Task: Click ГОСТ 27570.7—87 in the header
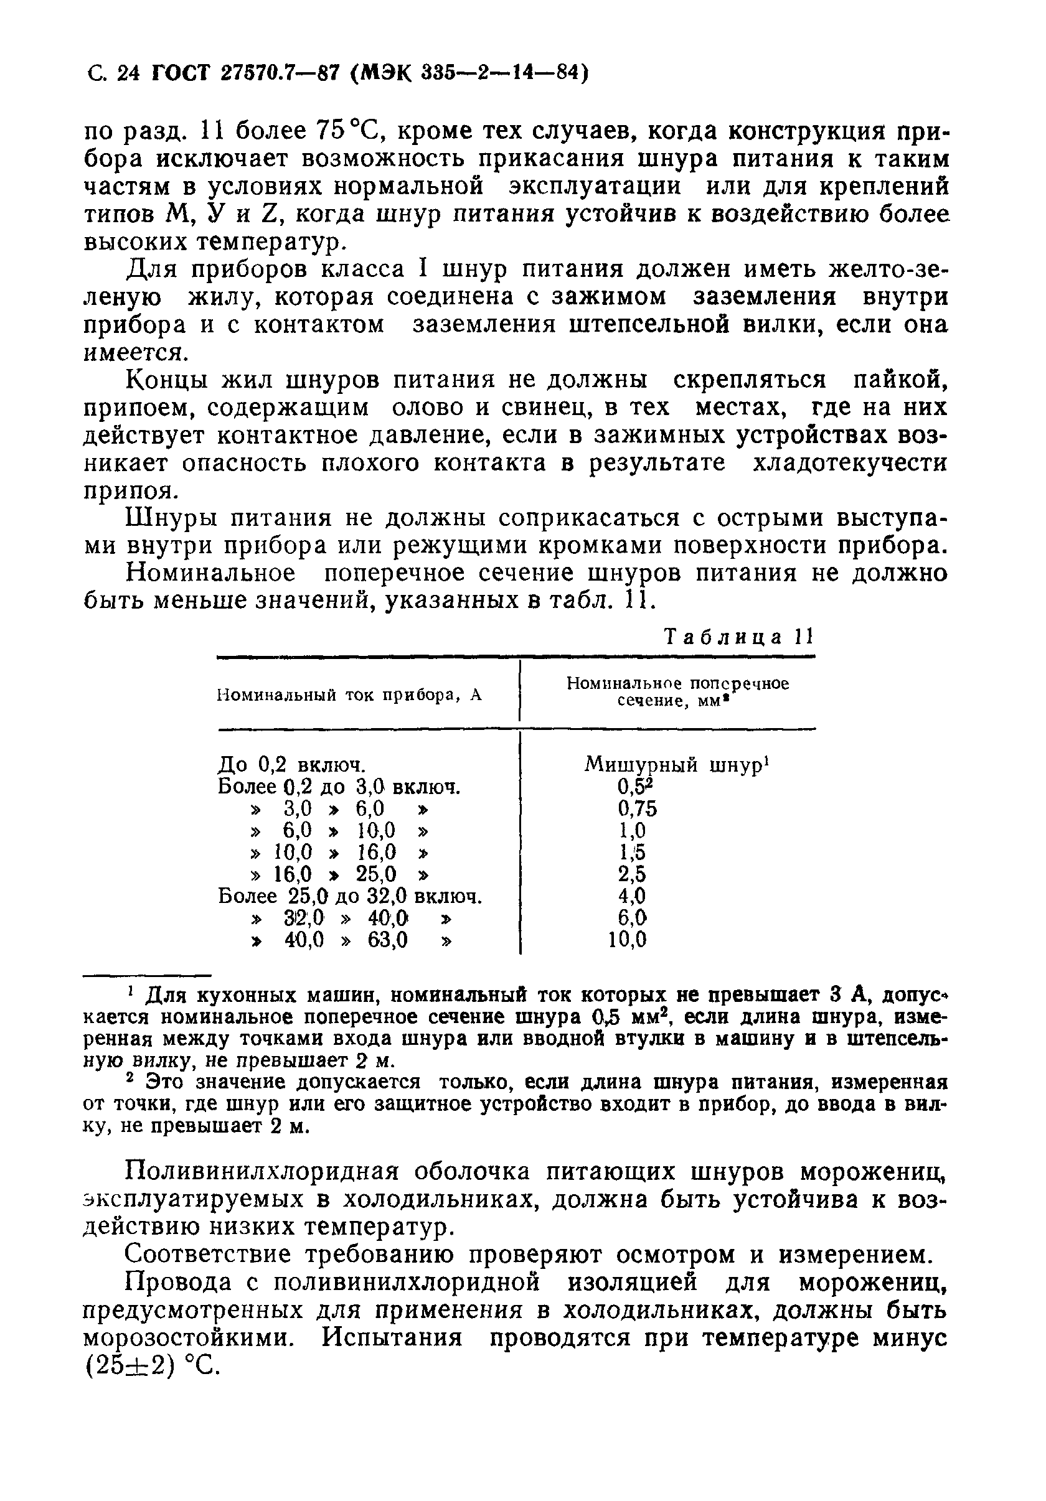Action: [245, 73]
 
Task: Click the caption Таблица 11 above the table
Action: [738, 637]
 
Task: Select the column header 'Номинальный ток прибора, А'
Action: [349, 695]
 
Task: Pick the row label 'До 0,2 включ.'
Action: [290, 764]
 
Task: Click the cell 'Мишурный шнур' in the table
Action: [673, 764]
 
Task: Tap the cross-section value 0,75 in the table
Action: [636, 808]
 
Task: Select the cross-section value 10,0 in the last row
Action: [627, 940]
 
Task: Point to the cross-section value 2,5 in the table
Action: [632, 874]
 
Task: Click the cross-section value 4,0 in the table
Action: [632, 896]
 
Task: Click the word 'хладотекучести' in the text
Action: [850, 464]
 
